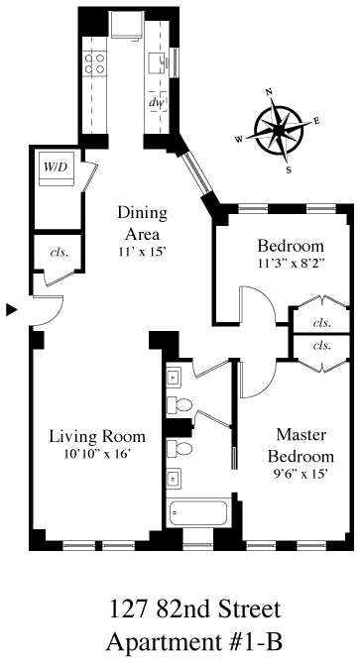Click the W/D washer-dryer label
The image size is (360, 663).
[x=57, y=166]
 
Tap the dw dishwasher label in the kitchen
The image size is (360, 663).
[x=158, y=102]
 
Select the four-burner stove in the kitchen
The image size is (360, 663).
[x=94, y=63]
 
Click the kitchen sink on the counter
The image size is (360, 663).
[x=159, y=63]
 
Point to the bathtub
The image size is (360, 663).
[x=198, y=513]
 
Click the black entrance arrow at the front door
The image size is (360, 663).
[x=12, y=310]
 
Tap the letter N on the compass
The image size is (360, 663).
[x=268, y=93]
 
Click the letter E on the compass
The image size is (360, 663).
[x=316, y=122]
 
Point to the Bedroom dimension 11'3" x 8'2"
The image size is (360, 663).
[x=291, y=262]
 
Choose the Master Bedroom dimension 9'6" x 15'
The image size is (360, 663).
[x=301, y=475]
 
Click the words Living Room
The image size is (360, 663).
[x=97, y=436]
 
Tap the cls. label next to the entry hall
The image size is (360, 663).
[x=60, y=253]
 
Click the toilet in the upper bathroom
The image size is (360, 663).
[x=180, y=405]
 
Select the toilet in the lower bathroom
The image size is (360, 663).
[x=180, y=448]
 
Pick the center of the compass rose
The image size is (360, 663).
[x=279, y=131]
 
